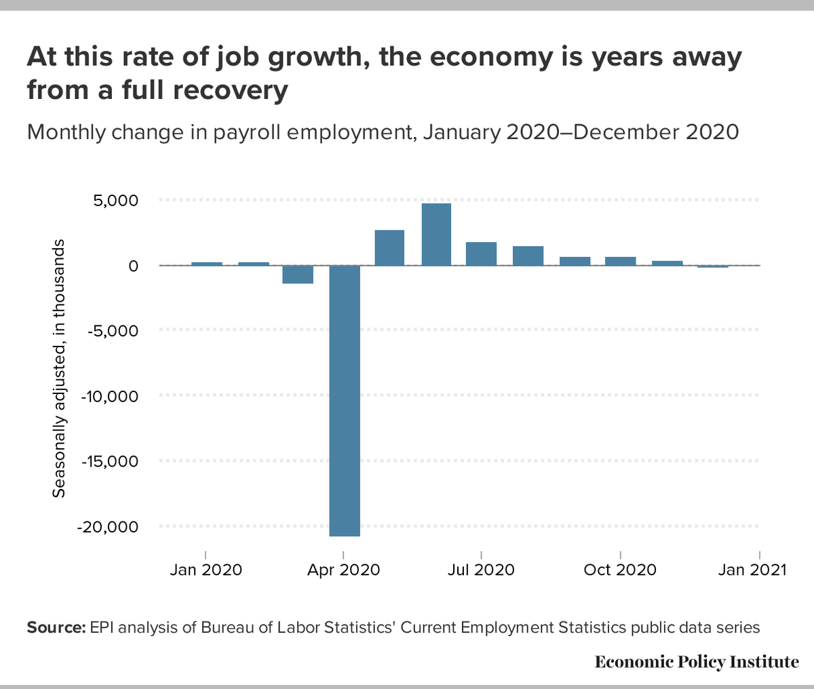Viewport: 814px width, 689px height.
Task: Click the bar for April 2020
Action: coord(345,400)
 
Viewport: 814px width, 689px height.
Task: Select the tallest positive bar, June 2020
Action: coord(436,235)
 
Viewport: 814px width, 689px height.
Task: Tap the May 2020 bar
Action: coord(390,248)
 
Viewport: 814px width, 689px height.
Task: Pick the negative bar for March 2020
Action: coord(298,275)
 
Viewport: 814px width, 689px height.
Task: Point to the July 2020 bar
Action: coord(482,254)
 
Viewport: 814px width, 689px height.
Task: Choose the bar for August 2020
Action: coord(528,256)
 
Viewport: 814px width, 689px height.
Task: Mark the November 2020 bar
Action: coord(667,263)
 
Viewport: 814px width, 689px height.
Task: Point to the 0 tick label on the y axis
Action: coord(133,266)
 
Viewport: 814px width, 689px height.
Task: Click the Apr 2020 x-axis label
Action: coord(343,570)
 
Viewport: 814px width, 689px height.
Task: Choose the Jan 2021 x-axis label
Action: coord(752,570)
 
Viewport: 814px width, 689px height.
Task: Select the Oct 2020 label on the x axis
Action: coord(620,570)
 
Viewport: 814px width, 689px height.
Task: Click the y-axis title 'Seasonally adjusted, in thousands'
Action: coord(60,368)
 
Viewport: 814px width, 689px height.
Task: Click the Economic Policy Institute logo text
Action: coord(697,662)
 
